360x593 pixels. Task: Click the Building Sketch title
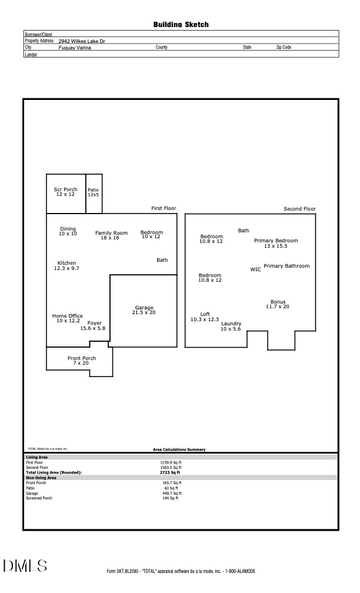[x=181, y=25]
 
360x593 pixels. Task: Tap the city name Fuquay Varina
[x=75, y=48]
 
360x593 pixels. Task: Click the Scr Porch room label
[x=65, y=192]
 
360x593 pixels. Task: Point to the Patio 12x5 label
[x=94, y=192]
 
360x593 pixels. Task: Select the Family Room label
[x=111, y=235]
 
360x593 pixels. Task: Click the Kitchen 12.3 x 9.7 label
[x=66, y=265]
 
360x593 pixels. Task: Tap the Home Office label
[x=67, y=318]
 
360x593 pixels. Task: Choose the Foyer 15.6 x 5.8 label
[x=93, y=325]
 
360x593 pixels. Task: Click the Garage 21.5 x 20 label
[x=144, y=310]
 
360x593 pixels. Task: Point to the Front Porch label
[x=81, y=361]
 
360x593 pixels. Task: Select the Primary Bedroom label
[x=275, y=243]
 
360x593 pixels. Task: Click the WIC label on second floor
[x=255, y=269]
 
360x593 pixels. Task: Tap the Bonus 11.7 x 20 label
[x=278, y=304]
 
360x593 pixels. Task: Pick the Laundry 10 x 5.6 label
[x=231, y=326]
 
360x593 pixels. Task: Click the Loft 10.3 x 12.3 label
[x=205, y=317]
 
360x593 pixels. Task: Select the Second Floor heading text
[x=299, y=209]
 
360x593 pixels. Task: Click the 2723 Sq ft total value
[x=170, y=472]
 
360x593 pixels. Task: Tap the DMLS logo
[x=25, y=566]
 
